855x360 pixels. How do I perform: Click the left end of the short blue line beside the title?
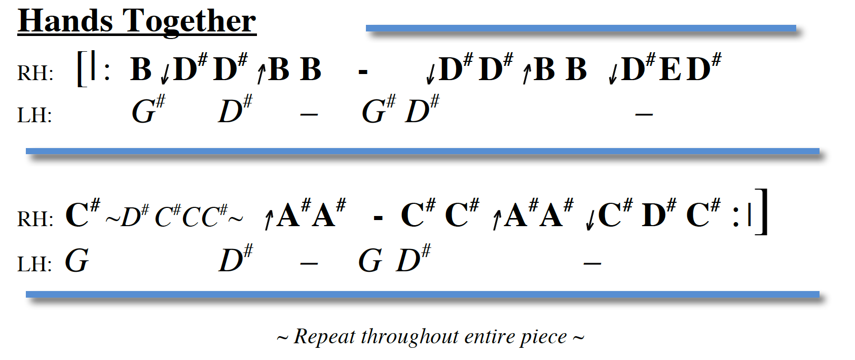pyautogui.click(x=366, y=28)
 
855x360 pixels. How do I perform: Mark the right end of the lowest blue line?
pyautogui.click(x=819, y=294)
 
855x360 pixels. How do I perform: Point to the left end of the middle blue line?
pyautogui.click(x=26, y=151)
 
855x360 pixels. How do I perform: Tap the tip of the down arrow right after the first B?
pyautogui.click(x=165, y=84)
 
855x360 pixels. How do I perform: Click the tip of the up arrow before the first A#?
pyautogui.click(x=270, y=211)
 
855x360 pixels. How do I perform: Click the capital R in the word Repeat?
pyautogui.click(x=302, y=337)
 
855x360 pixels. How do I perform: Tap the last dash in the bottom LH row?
pyautogui.click(x=592, y=263)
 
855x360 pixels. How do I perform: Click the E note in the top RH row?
pyautogui.click(x=670, y=69)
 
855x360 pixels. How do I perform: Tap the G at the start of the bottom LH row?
pyautogui.click(x=77, y=260)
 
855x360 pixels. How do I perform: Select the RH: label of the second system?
pyautogui.click(x=35, y=219)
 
